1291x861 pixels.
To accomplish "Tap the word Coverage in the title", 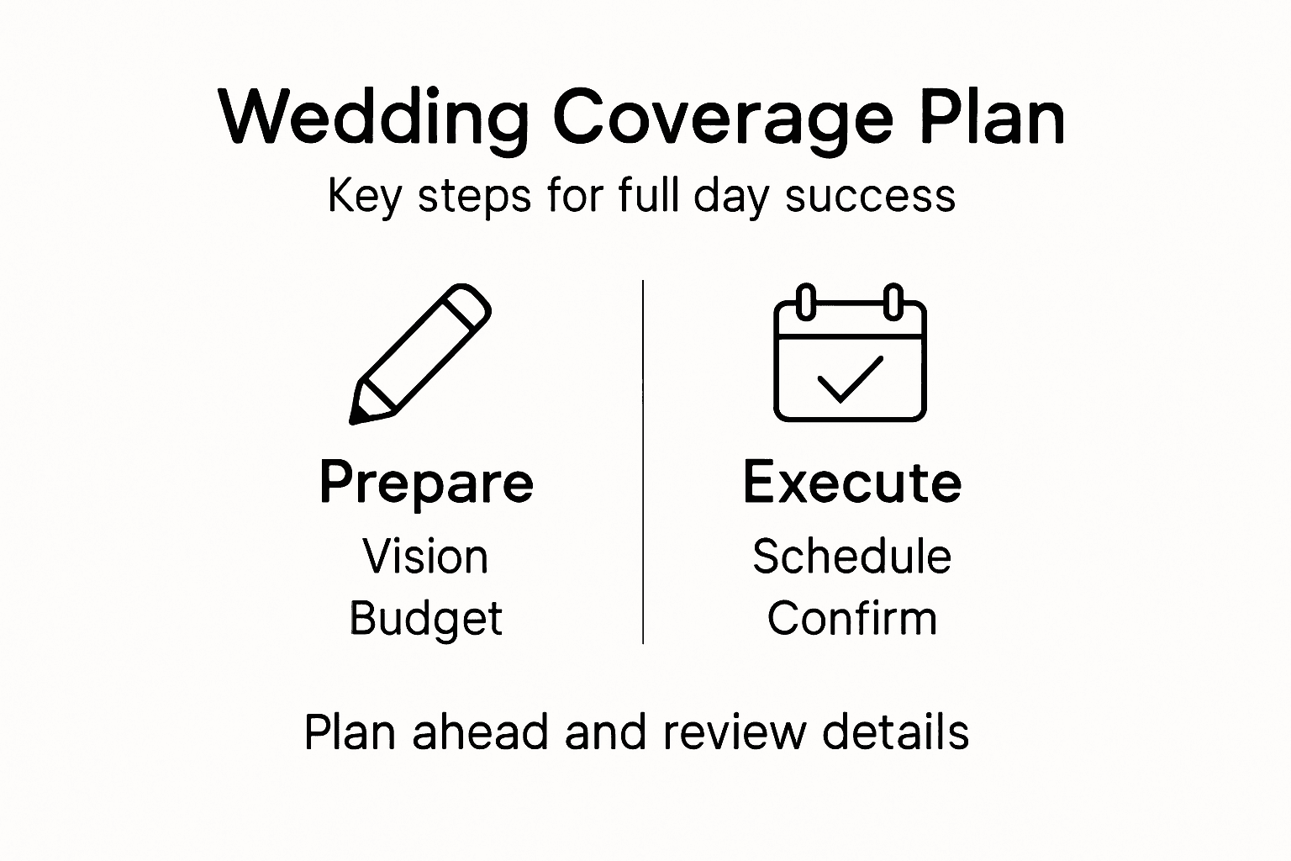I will click(x=723, y=118).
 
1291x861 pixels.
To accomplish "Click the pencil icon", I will click(x=420, y=353).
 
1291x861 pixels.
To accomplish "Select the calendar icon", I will click(x=850, y=353).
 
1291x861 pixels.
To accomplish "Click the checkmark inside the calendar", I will click(x=850, y=380).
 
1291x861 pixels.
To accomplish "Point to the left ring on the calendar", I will click(x=806, y=302).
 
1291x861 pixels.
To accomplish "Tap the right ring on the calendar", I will click(x=893, y=302).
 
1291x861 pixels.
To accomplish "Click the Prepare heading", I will click(x=426, y=483).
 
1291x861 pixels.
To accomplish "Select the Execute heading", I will click(x=851, y=483).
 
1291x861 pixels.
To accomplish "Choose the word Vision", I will click(x=425, y=557).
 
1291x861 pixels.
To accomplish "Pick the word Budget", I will click(x=425, y=620).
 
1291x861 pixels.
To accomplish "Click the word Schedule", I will click(x=851, y=557).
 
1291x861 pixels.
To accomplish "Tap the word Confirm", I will click(x=851, y=619).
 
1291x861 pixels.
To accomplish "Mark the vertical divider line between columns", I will click(x=643, y=462).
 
